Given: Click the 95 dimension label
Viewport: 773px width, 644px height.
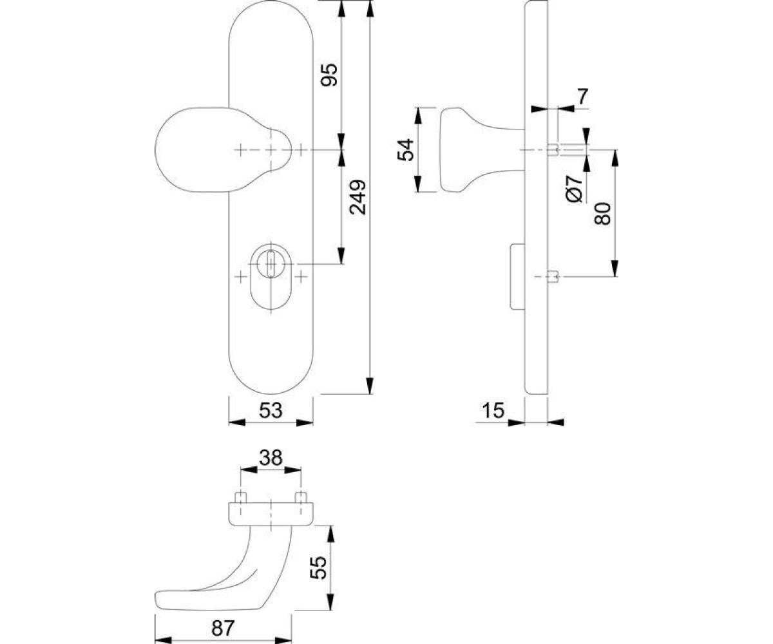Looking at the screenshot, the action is click(329, 75).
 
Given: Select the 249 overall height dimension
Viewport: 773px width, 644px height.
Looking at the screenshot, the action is click(358, 198).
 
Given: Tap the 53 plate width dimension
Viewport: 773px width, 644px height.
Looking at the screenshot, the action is click(271, 411).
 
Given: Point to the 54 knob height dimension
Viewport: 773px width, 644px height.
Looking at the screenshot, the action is click(405, 150).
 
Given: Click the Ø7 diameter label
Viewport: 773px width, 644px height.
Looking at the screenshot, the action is click(574, 189).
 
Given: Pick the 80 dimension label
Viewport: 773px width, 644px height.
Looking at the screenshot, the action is click(602, 214).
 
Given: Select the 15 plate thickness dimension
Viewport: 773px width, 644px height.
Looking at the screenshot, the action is click(493, 411).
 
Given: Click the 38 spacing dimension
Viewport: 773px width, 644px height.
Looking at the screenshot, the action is click(271, 458).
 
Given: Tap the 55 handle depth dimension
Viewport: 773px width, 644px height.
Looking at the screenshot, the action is click(318, 567).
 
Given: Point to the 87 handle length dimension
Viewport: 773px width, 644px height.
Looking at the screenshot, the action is click(224, 618).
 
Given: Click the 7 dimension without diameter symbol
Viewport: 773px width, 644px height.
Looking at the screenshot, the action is click(582, 97).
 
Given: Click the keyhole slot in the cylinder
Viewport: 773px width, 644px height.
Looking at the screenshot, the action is click(271, 264).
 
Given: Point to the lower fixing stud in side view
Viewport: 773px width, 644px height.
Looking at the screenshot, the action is click(553, 277).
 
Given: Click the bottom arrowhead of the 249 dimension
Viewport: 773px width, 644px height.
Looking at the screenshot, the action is click(370, 386).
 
